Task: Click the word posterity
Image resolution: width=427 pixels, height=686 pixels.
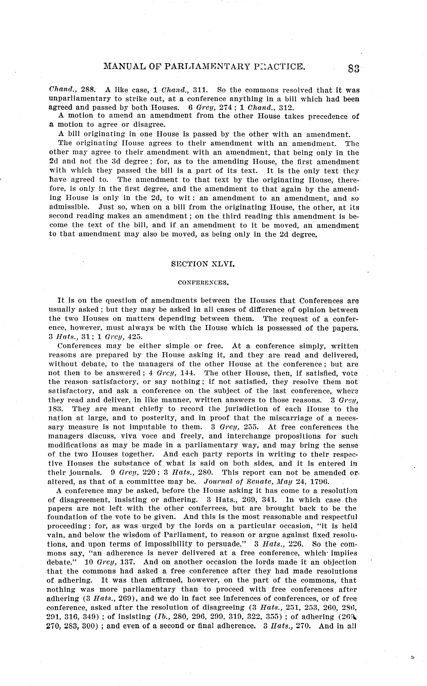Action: (155, 418)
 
